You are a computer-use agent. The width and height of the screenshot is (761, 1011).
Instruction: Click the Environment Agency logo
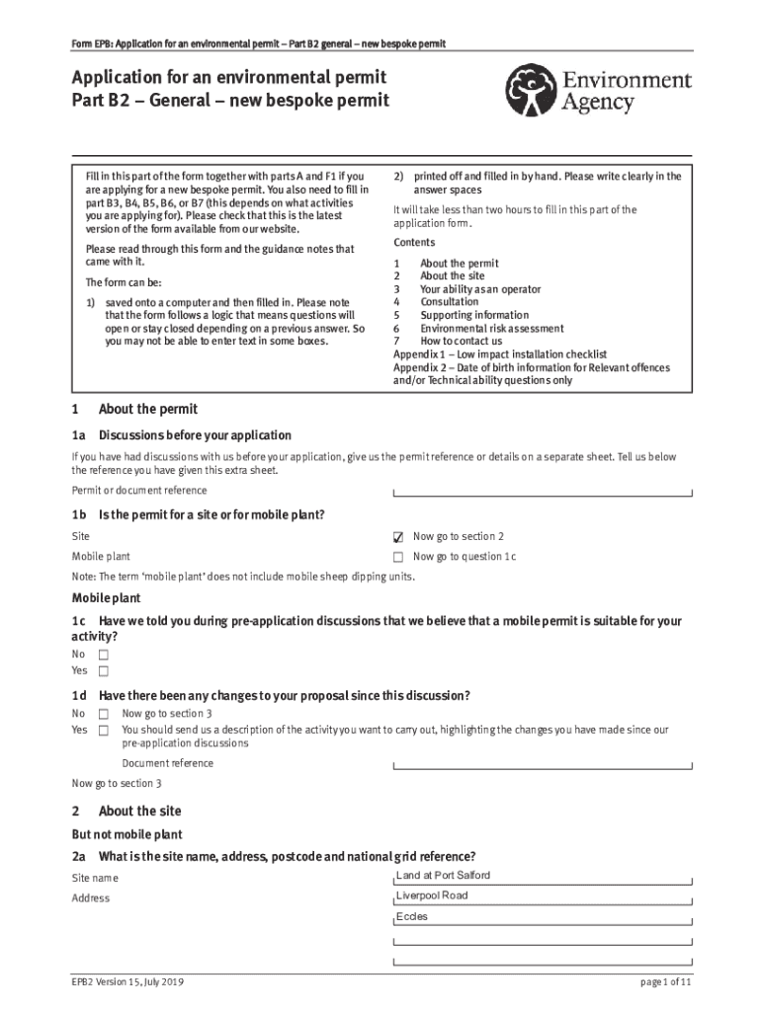598,91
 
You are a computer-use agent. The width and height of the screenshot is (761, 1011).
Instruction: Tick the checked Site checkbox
398,537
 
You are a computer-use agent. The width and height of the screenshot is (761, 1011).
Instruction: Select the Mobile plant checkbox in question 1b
398,558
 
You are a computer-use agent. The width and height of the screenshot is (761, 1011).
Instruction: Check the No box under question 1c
103,655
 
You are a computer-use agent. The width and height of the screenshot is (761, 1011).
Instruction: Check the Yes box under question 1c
103,671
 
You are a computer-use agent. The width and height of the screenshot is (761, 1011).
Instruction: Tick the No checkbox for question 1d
103,714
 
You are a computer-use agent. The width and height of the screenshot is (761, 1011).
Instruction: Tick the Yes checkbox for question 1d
103,731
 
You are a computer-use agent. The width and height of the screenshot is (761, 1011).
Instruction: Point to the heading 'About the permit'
147,409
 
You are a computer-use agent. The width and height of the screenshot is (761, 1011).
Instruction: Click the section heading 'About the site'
139,812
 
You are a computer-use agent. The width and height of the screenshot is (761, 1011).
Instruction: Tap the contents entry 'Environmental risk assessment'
491,329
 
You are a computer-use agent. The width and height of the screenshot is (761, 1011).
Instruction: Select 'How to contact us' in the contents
461,342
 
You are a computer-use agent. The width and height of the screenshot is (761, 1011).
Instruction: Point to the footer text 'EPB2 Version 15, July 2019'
127,983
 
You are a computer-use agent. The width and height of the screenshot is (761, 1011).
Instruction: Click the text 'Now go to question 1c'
464,557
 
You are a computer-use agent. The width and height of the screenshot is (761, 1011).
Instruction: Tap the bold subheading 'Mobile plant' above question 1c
106,598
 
